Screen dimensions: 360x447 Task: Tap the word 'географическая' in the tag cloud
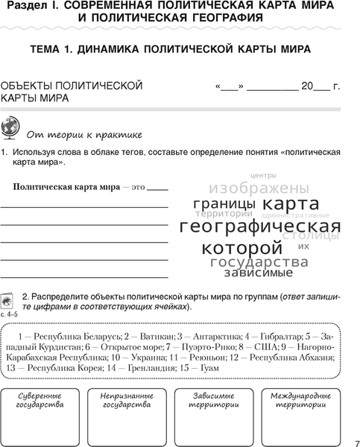coord(260,226)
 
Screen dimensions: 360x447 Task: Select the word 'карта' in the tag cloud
coord(291,204)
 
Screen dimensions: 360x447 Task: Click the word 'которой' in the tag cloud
coord(242,247)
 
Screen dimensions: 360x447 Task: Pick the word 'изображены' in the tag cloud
coord(259,188)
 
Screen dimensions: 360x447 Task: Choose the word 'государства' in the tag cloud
coord(259,261)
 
